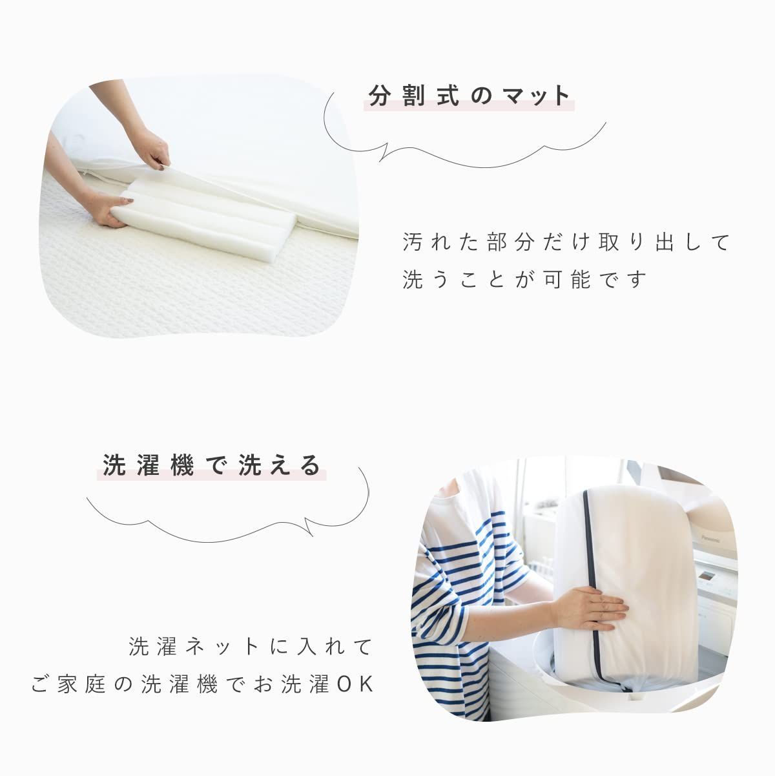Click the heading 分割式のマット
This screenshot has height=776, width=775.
click(470, 96)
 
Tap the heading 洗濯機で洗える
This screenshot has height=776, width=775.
click(212, 465)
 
